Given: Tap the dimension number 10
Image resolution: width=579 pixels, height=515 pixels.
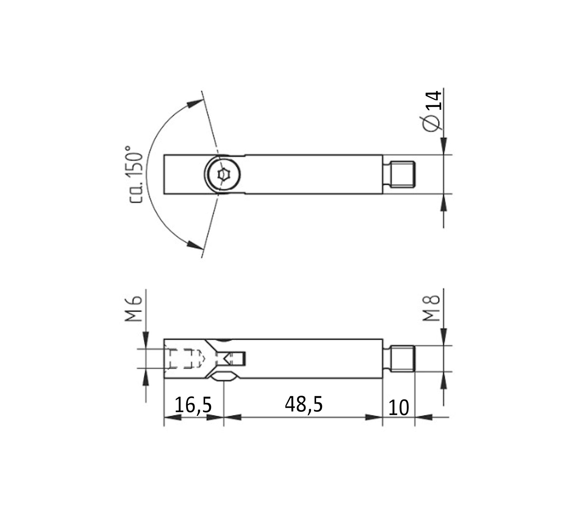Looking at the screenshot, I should (398, 407).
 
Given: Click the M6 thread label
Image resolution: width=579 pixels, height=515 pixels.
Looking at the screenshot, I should (133, 309).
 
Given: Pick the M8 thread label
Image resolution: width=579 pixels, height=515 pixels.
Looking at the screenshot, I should (431, 308).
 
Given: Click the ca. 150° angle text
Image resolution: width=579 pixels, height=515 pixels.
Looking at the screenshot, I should (135, 174).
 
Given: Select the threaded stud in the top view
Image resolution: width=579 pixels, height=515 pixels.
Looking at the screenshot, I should (402, 174).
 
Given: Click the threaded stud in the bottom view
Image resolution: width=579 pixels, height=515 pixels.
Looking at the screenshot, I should (402, 359).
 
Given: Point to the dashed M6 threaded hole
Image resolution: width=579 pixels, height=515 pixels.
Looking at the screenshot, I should (183, 358).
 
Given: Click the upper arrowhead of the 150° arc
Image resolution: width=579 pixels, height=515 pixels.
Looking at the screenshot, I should (195, 103).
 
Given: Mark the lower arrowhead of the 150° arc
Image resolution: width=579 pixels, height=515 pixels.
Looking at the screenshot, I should (195, 245).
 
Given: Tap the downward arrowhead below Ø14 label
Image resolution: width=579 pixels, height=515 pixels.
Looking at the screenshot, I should (444, 146).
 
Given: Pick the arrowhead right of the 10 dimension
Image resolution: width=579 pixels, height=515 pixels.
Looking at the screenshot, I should (423, 417).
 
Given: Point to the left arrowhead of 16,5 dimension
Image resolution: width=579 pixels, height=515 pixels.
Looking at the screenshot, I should (172, 417).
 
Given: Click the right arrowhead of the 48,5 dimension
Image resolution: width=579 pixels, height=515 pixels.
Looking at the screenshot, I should (374, 417).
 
